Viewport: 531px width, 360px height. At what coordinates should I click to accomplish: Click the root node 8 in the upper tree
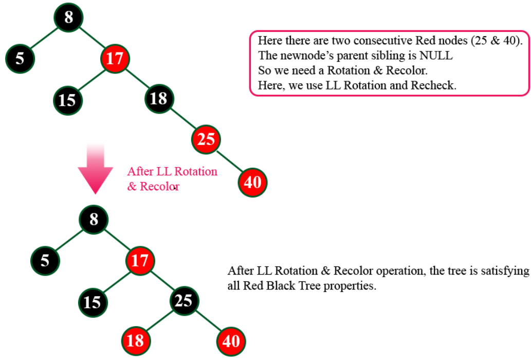pos(69,17)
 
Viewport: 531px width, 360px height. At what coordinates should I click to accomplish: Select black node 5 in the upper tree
pos(20,58)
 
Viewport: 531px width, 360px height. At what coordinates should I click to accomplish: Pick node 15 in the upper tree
pos(67,99)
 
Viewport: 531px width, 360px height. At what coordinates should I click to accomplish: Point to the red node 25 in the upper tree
pos(206,139)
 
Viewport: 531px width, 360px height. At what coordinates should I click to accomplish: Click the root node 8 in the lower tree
pos(94,220)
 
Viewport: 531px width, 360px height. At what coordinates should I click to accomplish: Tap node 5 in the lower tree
pos(45,260)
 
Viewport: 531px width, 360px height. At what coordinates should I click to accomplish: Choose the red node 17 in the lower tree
pos(139,260)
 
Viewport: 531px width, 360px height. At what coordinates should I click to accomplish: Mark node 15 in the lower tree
pos(93,301)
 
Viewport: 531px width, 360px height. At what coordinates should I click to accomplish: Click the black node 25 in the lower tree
pos(184,301)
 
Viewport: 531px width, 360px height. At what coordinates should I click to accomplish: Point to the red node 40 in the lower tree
pos(232,341)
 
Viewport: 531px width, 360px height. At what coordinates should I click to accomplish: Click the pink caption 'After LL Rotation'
pos(172,172)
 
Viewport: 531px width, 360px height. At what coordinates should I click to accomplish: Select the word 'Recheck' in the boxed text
pos(433,85)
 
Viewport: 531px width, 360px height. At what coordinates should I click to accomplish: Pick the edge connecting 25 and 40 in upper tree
pos(230,161)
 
